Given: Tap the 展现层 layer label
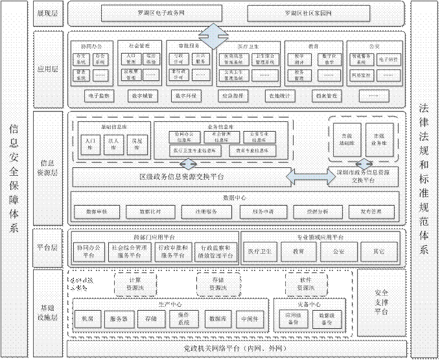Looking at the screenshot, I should coord(47,13).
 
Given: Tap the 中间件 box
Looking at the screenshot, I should coord(247,319).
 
